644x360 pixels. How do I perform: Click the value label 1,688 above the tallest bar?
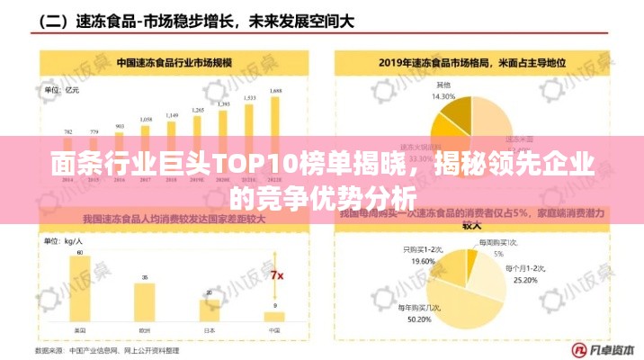pos(275,91)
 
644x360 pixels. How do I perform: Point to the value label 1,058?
pos(146,119)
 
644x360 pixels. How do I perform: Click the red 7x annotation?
pos(277,274)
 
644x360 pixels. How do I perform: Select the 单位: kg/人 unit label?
pos(64,241)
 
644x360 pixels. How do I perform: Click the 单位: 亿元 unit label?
pos(62,89)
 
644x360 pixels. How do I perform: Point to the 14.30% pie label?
pos(443,95)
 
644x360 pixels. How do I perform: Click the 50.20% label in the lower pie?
pos(420,319)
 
